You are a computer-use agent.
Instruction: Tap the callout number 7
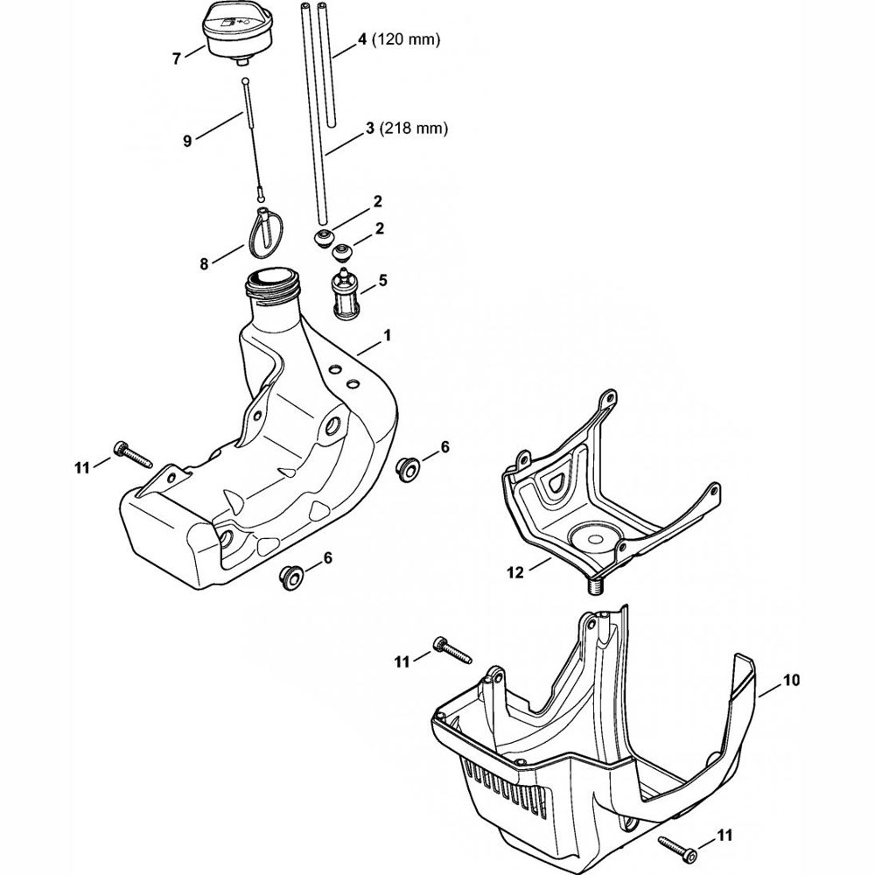click(177, 59)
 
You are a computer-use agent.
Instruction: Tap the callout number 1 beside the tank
click(388, 335)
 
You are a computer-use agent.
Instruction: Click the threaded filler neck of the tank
click(272, 282)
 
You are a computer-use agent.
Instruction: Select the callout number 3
click(371, 128)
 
